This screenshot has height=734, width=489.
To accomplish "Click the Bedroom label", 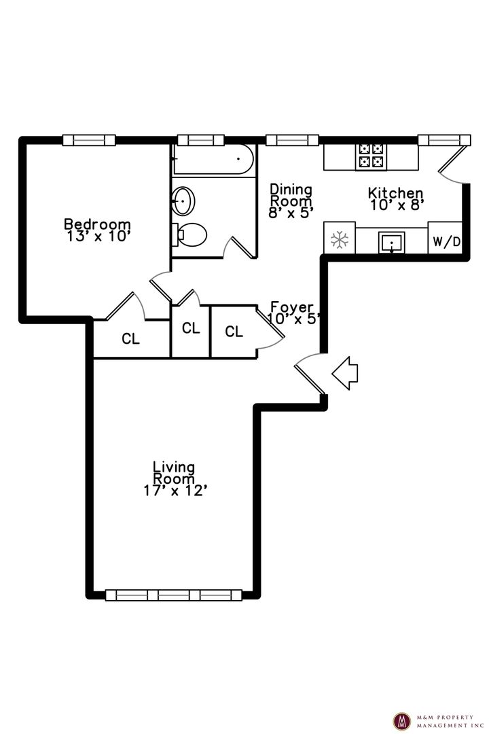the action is (97, 224).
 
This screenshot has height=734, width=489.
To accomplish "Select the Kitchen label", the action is (395, 192).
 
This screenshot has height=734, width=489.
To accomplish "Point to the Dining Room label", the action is (291, 195).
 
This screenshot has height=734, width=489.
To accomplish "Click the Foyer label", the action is (292, 307).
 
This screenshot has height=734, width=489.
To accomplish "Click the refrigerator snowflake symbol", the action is (340, 240).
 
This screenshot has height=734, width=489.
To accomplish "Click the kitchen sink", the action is (392, 243).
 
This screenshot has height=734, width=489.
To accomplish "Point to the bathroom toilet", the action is (190, 234).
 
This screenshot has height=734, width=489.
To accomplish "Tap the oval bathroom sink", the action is (183, 200).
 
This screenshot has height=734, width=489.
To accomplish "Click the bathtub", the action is (213, 160).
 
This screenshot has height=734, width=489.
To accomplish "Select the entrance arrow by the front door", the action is (345, 372).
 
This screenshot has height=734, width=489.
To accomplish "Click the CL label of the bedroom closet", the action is (130, 338).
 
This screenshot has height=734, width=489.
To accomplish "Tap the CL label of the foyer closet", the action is (234, 332).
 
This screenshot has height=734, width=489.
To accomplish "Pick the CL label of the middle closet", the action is (191, 328).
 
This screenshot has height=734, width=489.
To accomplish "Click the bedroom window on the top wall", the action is (89, 140).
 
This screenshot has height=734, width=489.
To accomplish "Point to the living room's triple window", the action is (174, 595).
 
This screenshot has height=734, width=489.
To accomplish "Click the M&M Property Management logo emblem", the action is (401, 721).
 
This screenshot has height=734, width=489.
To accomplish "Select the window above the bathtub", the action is (201, 140).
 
